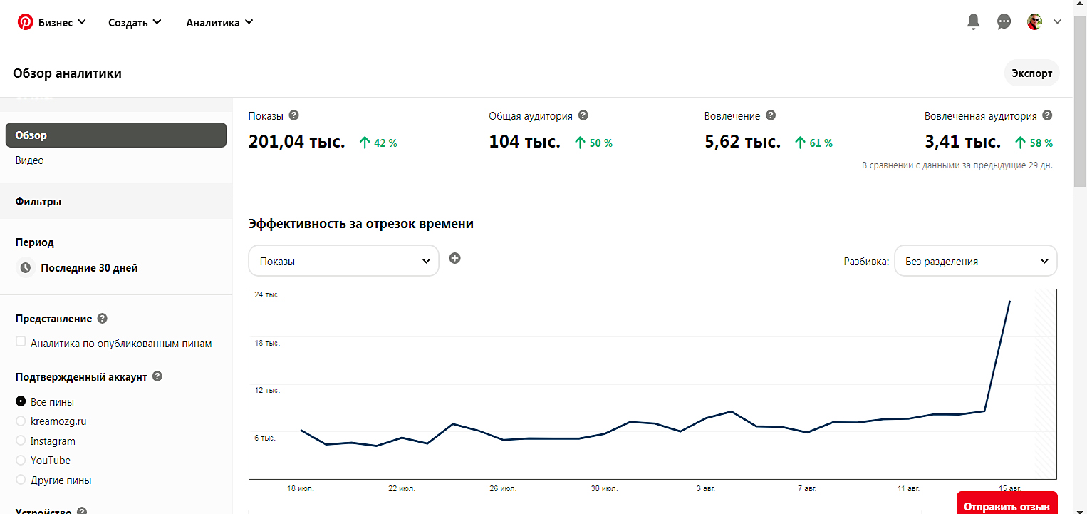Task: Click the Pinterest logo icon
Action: (26, 22)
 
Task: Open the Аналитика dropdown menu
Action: (219, 22)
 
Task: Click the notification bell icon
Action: (974, 22)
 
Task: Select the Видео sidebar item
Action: (30, 160)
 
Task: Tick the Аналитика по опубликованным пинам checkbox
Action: (21, 342)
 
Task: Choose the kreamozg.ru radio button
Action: (21, 421)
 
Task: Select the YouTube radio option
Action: (21, 461)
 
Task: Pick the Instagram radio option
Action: (21, 441)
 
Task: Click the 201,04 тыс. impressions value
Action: (296, 142)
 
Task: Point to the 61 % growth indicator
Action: (813, 143)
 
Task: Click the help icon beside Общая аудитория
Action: (583, 115)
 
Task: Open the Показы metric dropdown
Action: (343, 261)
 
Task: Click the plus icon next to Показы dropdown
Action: (454, 258)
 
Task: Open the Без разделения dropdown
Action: (975, 261)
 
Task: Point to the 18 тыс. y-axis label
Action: (267, 343)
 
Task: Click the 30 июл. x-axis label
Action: (604, 489)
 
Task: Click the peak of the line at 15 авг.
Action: (1009, 301)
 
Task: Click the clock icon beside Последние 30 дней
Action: (26, 268)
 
